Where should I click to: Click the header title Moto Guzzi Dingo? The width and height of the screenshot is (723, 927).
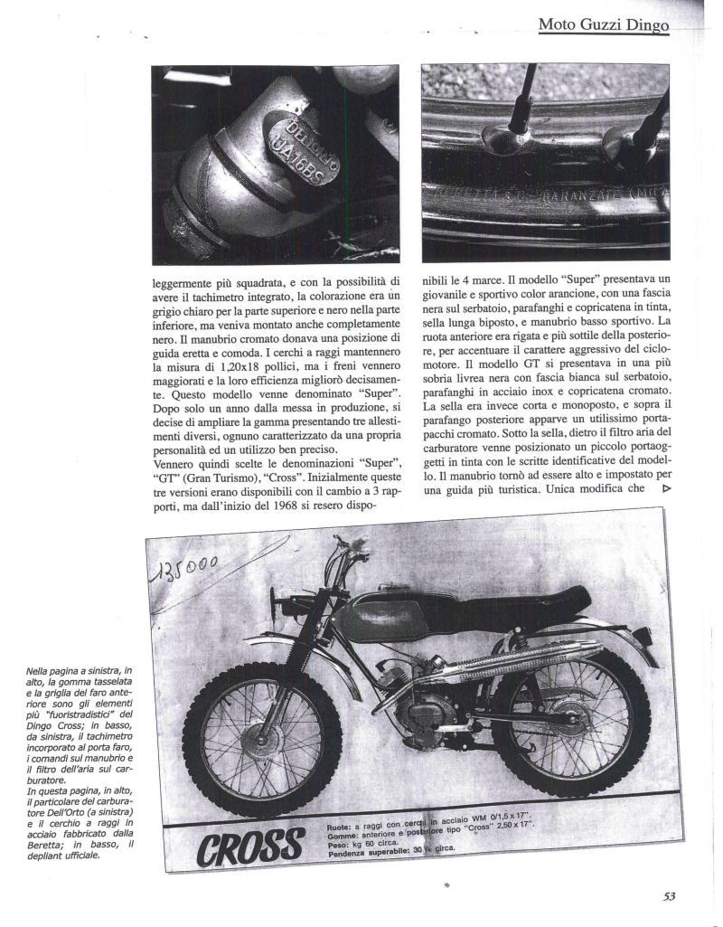point(603,25)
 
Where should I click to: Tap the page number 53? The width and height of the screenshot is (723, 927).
point(669,896)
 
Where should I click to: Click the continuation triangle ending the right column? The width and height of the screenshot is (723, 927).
point(667,488)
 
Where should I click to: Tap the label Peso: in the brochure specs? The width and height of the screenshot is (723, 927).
point(339,844)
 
